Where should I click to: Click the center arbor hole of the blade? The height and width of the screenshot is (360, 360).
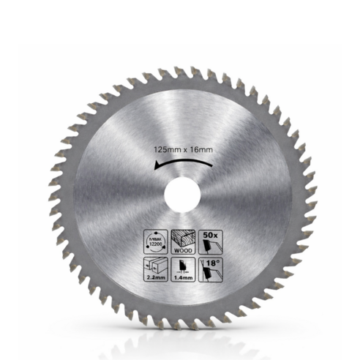180,195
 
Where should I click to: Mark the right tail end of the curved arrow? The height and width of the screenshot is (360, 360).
213,163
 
